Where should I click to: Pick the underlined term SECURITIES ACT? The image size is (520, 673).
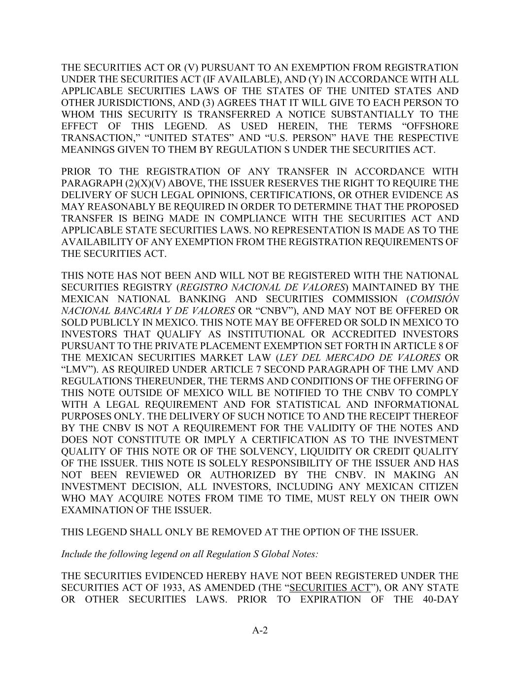(x=330, y=588)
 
